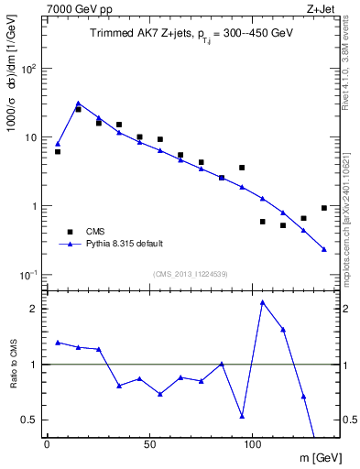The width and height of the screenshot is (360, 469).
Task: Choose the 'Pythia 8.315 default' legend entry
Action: click(x=124, y=244)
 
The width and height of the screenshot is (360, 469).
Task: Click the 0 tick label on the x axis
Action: click(x=47, y=443)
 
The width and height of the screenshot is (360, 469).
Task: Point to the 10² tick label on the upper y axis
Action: click(x=28, y=69)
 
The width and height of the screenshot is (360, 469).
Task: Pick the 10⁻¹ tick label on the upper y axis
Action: click(x=28, y=275)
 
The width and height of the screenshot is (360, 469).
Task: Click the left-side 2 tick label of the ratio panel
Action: click(x=34, y=309)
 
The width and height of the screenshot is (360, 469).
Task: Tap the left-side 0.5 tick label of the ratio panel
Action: click(x=30, y=420)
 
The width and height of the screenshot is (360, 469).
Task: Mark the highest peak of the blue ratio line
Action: click(x=263, y=302)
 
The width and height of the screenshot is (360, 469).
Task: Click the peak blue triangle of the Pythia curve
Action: click(x=78, y=104)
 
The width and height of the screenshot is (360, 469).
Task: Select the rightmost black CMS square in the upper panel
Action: click(x=324, y=208)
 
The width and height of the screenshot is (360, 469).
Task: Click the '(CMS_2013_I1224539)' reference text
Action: click(x=190, y=273)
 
